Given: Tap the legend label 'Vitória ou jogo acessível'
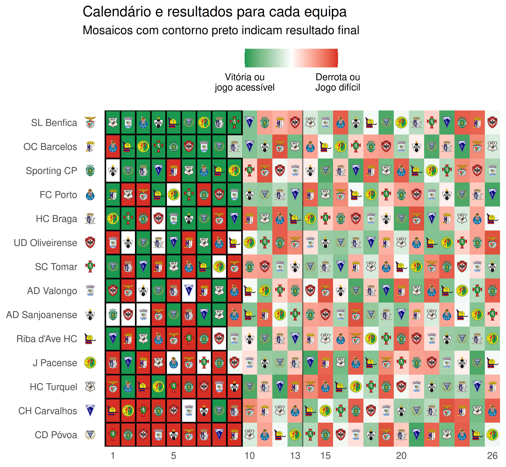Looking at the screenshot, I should coord(245,82).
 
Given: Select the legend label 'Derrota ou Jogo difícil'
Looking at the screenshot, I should coord(338,82).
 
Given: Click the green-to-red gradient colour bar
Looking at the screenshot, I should coord(291,58).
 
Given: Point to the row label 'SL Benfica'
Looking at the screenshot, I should coord(54,123).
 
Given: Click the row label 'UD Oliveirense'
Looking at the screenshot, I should coord(46,243).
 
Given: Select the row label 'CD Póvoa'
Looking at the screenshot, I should coord(56,435).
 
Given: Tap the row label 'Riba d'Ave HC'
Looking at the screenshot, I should coord(47,339).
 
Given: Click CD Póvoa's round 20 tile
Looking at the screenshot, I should coord(401,435).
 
